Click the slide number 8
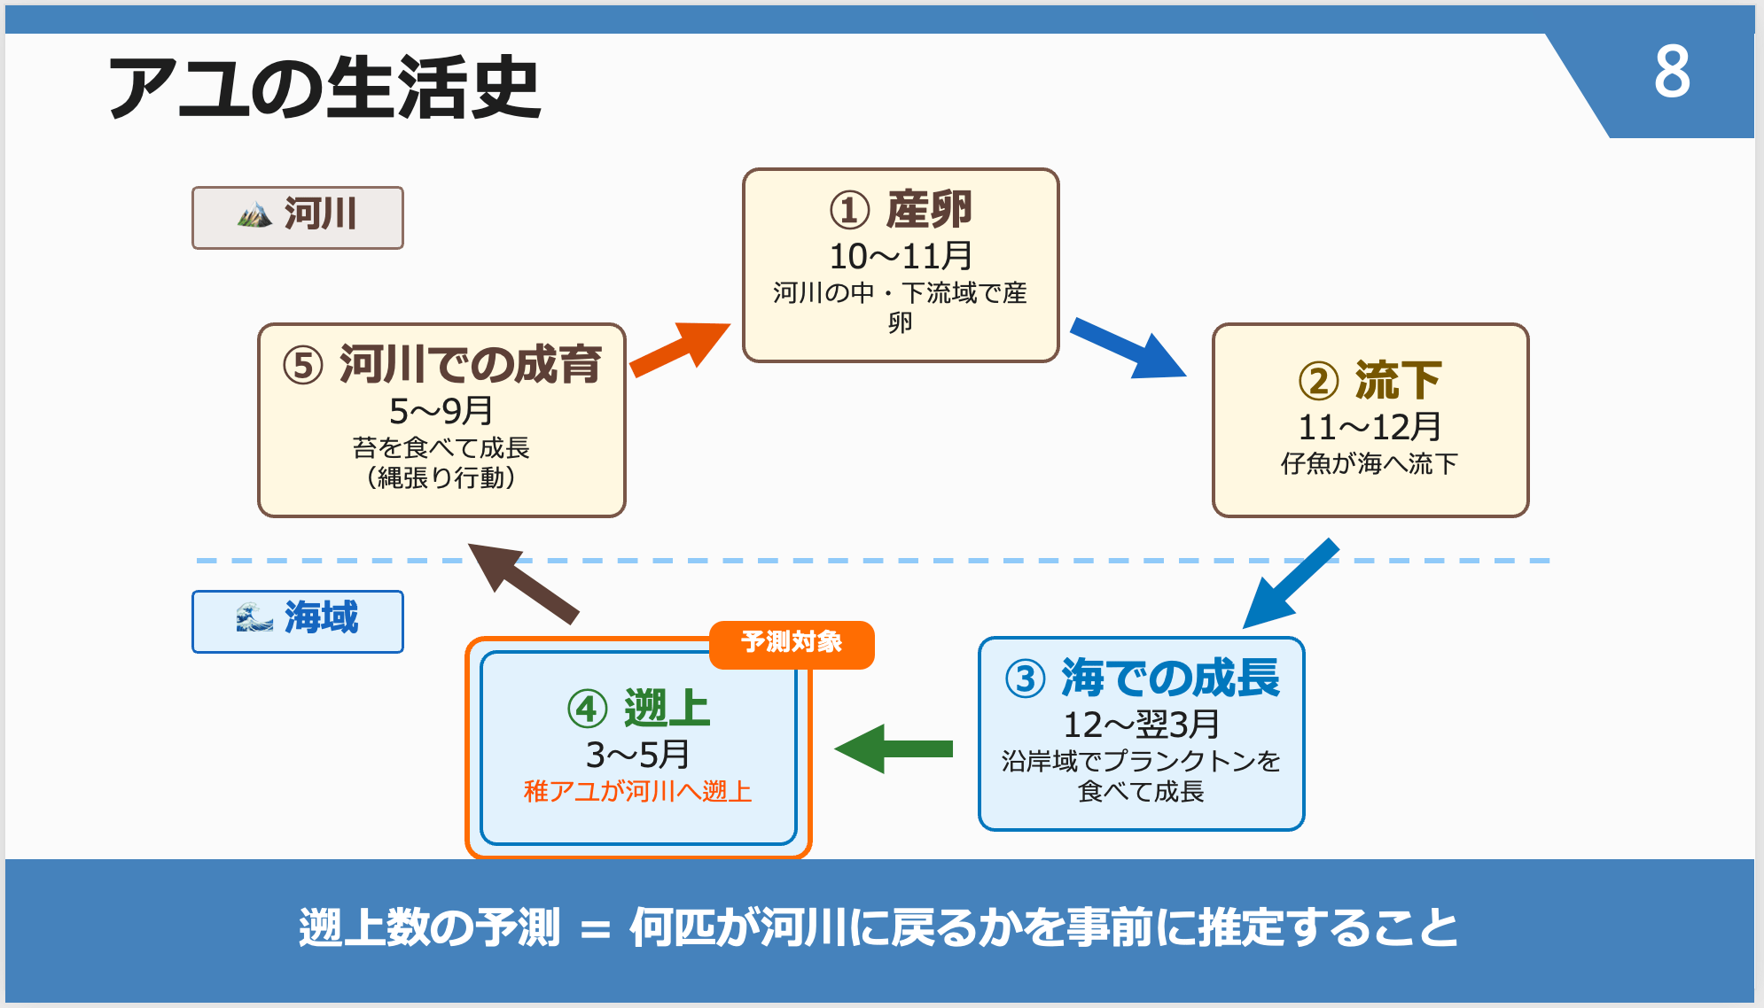click(x=1672, y=72)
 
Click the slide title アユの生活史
click(x=324, y=87)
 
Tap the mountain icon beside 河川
click(x=254, y=214)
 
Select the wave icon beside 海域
click(x=254, y=617)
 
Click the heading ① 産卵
click(x=901, y=210)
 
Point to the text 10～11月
click(x=901, y=257)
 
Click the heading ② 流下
click(x=1370, y=381)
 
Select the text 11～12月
click(x=1370, y=428)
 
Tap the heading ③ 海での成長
click(x=1142, y=678)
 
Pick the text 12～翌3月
click(x=1142, y=725)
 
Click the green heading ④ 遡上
click(x=638, y=709)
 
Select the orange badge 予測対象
click(x=792, y=642)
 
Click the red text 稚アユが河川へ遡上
click(x=638, y=791)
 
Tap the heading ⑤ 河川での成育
click(x=441, y=365)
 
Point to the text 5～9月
click(x=441, y=411)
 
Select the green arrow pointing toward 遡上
click(x=894, y=749)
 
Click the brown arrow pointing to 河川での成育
click(x=523, y=582)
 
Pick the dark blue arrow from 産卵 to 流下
click(x=1128, y=348)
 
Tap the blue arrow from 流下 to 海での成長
click(x=1290, y=583)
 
